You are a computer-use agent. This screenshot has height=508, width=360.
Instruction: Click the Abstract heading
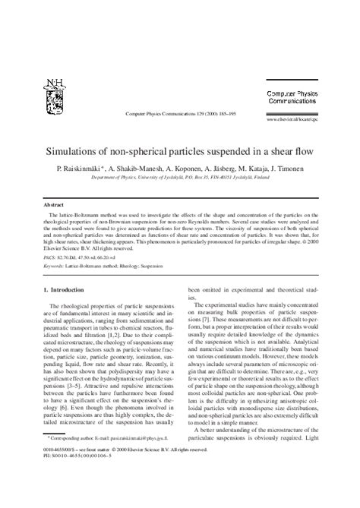[x=52, y=205]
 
